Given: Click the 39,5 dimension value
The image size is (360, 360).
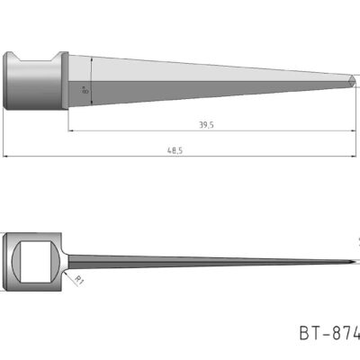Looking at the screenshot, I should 205,125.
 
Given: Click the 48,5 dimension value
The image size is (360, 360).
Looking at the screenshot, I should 174,150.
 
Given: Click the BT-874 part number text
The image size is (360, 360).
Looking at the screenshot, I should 328,334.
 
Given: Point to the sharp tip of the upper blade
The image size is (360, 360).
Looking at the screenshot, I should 357,80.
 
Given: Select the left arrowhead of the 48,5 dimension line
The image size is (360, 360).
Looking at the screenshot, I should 7,157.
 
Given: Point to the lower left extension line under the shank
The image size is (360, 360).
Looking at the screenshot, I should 4,135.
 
